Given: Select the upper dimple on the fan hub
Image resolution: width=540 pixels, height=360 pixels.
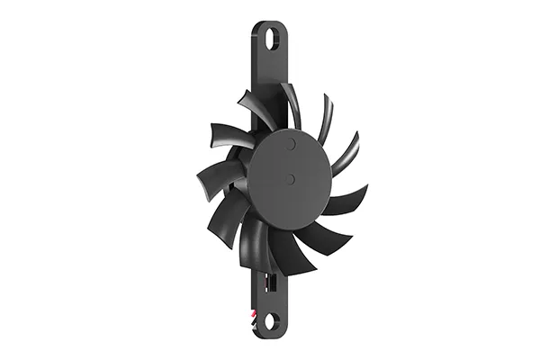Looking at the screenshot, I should click(291, 143).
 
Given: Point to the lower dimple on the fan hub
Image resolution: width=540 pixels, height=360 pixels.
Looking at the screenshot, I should click(291, 179).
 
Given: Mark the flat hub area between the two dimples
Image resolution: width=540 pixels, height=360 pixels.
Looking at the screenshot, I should click(291, 161).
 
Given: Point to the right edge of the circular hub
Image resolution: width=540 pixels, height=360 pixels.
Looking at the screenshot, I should click(332, 162).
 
